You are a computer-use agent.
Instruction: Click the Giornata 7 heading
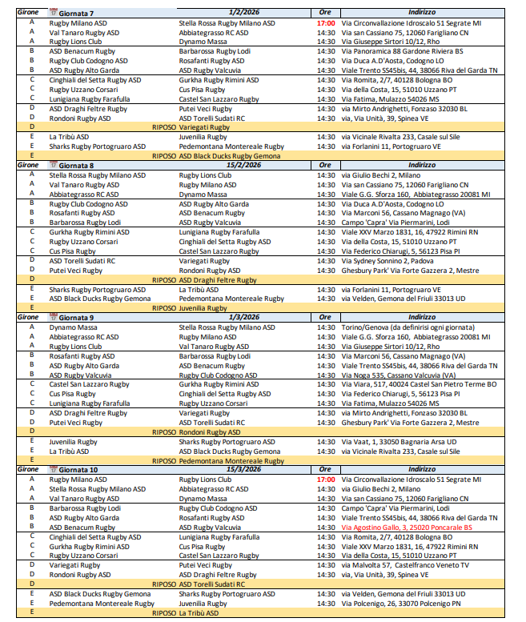(76, 14)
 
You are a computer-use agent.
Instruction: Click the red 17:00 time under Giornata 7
(325, 23)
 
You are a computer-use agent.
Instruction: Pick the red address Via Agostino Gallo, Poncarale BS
(407, 528)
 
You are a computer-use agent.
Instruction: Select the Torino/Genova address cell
(400, 327)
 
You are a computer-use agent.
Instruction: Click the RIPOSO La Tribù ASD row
(185, 612)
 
